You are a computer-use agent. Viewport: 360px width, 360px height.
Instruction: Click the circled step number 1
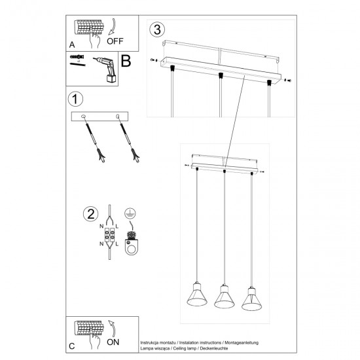pyautogui.click(x=75, y=99)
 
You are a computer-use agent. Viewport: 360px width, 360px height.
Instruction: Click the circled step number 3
pyautogui.click(x=156, y=29)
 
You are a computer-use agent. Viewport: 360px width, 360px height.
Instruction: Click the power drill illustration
pyautogui.click(x=107, y=69)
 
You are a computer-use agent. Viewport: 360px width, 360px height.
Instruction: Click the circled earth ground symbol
pyautogui.click(x=130, y=213)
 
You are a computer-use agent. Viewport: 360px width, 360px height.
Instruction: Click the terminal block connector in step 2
pyautogui.click(x=111, y=236)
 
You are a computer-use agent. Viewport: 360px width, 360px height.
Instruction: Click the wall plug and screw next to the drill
pyautogui.click(x=77, y=59)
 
